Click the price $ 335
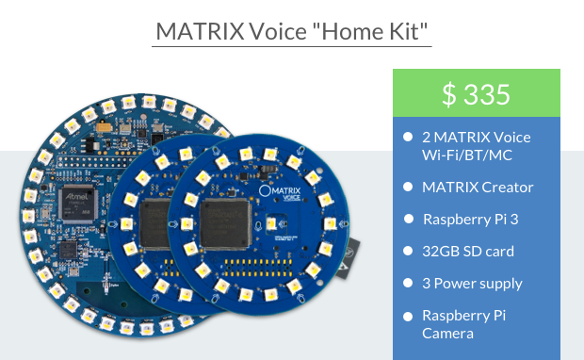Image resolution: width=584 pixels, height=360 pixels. coord(476,94)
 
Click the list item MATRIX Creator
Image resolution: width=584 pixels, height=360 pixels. coord(478,187)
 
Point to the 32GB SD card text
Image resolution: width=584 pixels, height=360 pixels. coord(468,251)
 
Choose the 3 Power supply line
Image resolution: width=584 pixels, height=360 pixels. coord(472,283)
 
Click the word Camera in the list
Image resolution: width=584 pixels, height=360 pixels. coord(447,333)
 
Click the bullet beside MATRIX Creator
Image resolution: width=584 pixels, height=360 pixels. coord(408,187)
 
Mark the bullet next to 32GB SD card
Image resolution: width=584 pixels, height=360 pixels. coord(408,251)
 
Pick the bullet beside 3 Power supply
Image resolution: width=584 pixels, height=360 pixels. coord(408,283)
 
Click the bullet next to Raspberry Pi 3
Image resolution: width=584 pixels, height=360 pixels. coord(408,219)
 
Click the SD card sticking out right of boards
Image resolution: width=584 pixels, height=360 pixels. coord(353,255)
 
